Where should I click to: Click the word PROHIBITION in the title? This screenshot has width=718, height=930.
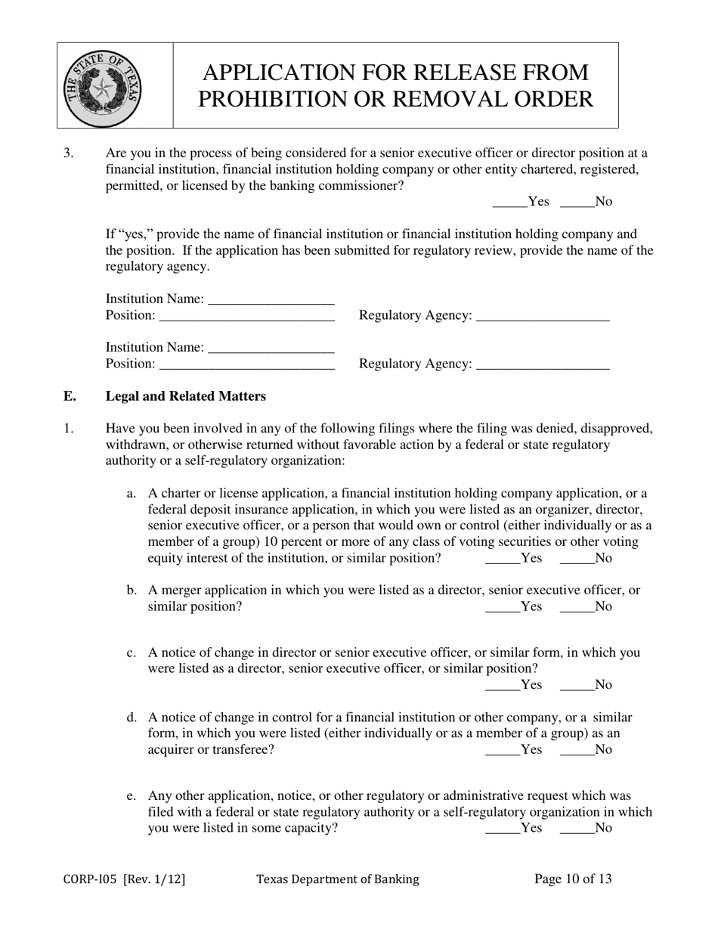265,99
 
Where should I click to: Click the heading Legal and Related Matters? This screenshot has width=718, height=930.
185,396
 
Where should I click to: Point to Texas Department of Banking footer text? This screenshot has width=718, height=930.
337,879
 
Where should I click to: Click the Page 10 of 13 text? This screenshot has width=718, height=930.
573,879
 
